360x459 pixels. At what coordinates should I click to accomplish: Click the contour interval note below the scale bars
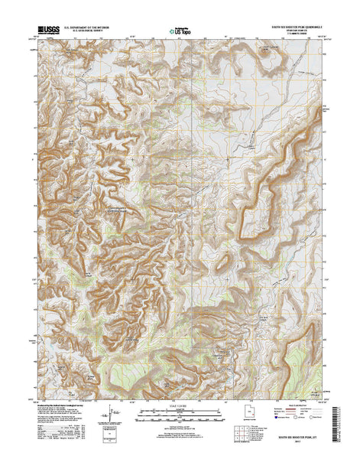coord(180,430)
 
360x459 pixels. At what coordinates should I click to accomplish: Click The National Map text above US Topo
coord(180,28)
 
